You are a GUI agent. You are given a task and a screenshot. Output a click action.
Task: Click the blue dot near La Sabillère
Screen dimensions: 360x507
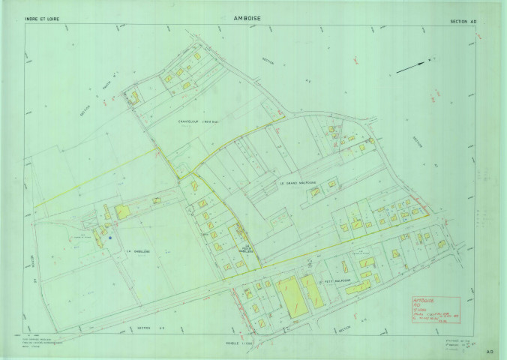click(x=110, y=238)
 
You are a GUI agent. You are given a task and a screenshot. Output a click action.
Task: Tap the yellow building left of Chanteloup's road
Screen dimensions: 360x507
click(x=136, y=98)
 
